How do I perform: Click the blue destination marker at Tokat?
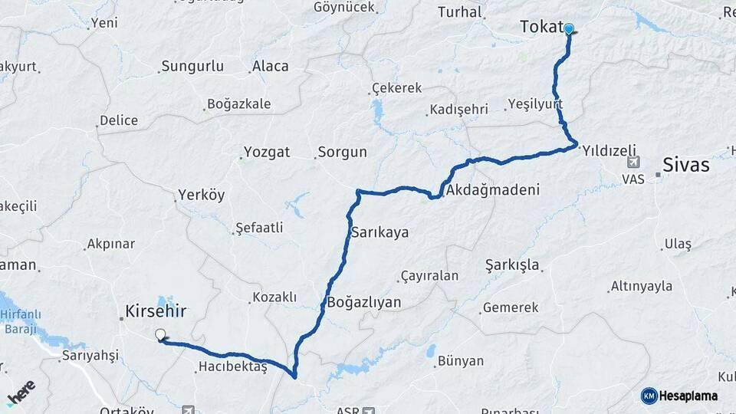[x=569, y=30]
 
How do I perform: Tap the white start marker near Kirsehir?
[x=160, y=334]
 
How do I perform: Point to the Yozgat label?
[x=267, y=152]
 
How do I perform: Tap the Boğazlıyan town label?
[x=364, y=302]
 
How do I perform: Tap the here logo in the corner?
[x=21, y=393]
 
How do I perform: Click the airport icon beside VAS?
[x=632, y=163]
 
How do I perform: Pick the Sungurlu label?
[x=193, y=66]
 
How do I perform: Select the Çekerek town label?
[x=396, y=88]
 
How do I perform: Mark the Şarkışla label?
[x=513, y=265]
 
